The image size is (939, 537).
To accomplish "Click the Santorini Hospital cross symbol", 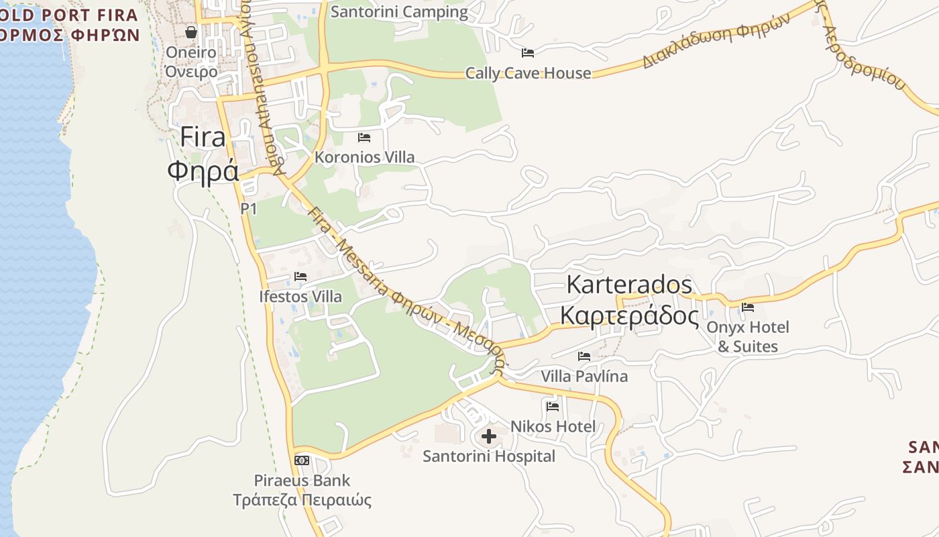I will [x=489, y=436].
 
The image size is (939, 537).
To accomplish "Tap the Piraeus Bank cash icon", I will [x=302, y=460].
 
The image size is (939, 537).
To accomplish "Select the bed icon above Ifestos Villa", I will [x=300, y=277].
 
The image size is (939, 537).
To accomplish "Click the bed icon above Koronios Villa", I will [x=364, y=138].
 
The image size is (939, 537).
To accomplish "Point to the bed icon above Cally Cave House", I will [x=528, y=52].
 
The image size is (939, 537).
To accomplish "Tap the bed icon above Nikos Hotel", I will [x=553, y=406].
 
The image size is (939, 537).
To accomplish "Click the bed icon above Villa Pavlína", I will [x=584, y=356].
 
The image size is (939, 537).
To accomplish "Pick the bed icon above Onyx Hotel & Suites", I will [x=748, y=307].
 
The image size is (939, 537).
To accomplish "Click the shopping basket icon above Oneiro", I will [x=191, y=32].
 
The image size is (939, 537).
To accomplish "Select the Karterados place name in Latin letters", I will [x=629, y=285].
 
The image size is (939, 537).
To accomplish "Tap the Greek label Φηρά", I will [x=203, y=170].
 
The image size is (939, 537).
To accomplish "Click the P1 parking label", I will [x=249, y=209].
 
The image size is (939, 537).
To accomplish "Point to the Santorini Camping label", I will [x=400, y=11].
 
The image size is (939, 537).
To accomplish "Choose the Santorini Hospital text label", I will [x=489, y=456].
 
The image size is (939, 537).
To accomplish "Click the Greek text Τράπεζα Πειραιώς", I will [x=302, y=500].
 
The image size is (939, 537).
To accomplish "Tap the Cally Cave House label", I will [x=528, y=73].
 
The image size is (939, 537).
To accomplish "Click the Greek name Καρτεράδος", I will [x=629, y=314].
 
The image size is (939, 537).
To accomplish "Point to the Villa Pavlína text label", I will [x=584, y=376].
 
